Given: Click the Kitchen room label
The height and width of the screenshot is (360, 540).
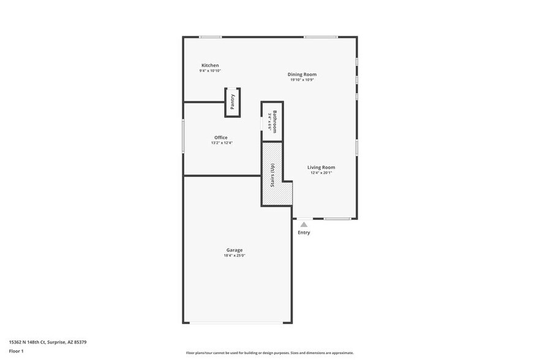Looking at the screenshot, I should click(210, 66).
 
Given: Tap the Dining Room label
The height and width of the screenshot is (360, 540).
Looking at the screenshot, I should click(302, 75).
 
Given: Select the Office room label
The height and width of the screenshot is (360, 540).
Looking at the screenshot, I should click(221, 137).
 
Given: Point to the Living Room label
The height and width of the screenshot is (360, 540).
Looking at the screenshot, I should click(321, 167).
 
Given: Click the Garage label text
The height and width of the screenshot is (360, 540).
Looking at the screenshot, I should click(234, 250).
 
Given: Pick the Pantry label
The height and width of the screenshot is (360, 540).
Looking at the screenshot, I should click(233, 102).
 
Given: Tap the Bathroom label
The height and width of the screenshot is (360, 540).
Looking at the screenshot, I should click(275, 121).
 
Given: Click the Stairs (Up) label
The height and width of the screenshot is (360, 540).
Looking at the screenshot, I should click(272, 176).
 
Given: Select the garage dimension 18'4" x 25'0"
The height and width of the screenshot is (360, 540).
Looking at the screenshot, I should click(234, 256).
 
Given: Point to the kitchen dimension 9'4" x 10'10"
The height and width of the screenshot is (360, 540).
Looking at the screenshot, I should click(210, 71).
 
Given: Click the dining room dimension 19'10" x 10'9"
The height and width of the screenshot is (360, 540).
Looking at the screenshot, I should click(302, 80).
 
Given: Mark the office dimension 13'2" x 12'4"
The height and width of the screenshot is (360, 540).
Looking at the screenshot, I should click(221, 143).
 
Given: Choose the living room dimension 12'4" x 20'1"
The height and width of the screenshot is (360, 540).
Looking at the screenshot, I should click(321, 173).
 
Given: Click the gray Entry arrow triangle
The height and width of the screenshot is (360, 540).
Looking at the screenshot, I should click(304, 225).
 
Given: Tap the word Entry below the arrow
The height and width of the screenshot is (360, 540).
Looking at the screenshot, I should click(304, 233).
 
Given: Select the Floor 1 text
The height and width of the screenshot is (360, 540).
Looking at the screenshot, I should click(17, 351).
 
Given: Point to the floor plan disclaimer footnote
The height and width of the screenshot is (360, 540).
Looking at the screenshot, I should click(269, 353).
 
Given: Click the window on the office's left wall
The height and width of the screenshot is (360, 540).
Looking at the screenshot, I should click(183, 136).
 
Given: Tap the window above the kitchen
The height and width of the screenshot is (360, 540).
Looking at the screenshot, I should click(210, 37).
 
